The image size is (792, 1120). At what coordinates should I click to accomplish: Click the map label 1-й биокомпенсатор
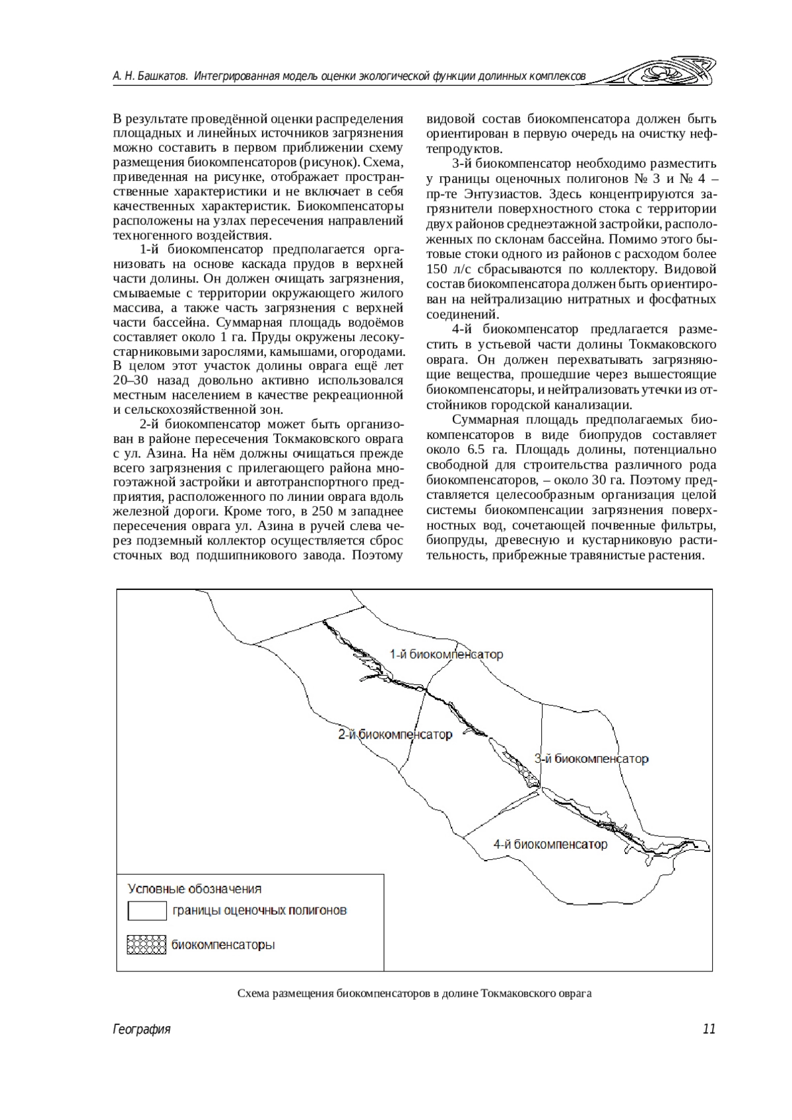[x=446, y=655]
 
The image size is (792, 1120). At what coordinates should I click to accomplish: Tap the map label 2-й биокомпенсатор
[x=395, y=735]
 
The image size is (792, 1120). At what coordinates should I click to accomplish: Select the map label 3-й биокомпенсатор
[x=591, y=759]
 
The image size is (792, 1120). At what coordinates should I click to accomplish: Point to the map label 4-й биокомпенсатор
[x=550, y=844]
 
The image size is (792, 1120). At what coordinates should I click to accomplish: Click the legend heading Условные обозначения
[x=195, y=889]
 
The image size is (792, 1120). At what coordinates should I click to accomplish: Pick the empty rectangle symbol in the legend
[x=147, y=911]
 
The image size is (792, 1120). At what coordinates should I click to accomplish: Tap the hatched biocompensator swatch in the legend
[x=147, y=945]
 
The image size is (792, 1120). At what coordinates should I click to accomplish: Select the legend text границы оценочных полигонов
[x=259, y=911]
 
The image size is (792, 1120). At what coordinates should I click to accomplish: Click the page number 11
[x=709, y=1029]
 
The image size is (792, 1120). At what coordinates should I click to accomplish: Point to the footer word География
[x=142, y=1029]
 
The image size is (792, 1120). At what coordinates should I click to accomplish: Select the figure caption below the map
[x=414, y=993]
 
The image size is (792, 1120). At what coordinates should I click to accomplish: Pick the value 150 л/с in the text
[x=449, y=269]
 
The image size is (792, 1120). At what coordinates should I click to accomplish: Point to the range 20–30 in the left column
[x=130, y=380]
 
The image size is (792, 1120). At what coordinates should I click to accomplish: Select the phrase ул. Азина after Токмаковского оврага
[x=146, y=454]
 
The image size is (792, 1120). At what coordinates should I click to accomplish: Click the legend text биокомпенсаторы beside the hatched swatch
[x=223, y=945]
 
